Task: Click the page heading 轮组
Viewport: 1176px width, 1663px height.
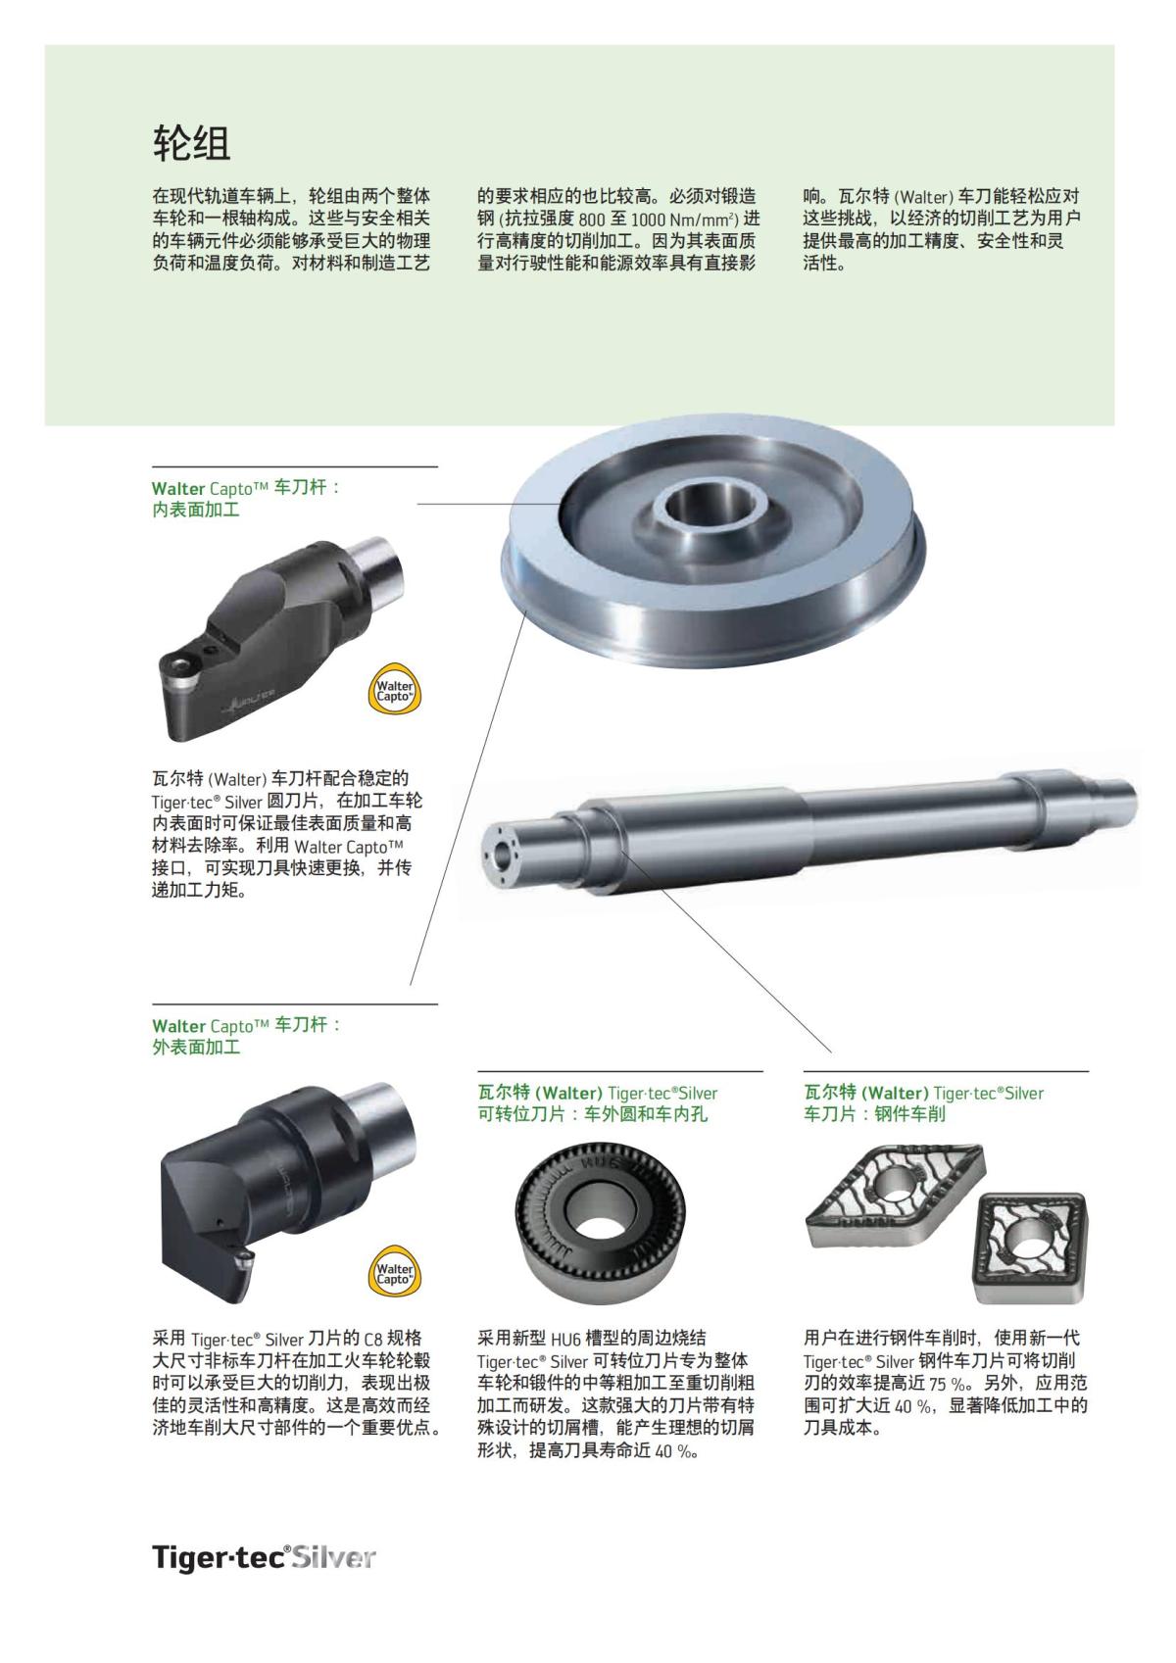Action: click(191, 143)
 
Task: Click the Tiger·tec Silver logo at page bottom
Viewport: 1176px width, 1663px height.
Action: click(264, 1557)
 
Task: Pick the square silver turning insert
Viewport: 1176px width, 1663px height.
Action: click(1029, 1242)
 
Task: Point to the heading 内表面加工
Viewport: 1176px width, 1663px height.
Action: click(196, 510)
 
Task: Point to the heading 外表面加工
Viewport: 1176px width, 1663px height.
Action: click(196, 1047)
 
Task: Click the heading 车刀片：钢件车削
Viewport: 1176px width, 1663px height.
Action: click(874, 1114)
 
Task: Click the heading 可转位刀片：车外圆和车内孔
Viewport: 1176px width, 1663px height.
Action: click(592, 1114)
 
